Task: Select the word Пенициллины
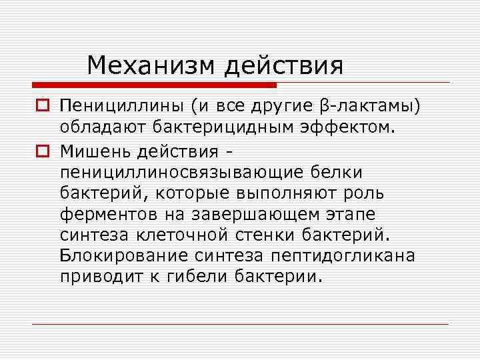click(x=121, y=107)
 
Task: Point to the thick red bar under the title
click(x=154, y=85)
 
